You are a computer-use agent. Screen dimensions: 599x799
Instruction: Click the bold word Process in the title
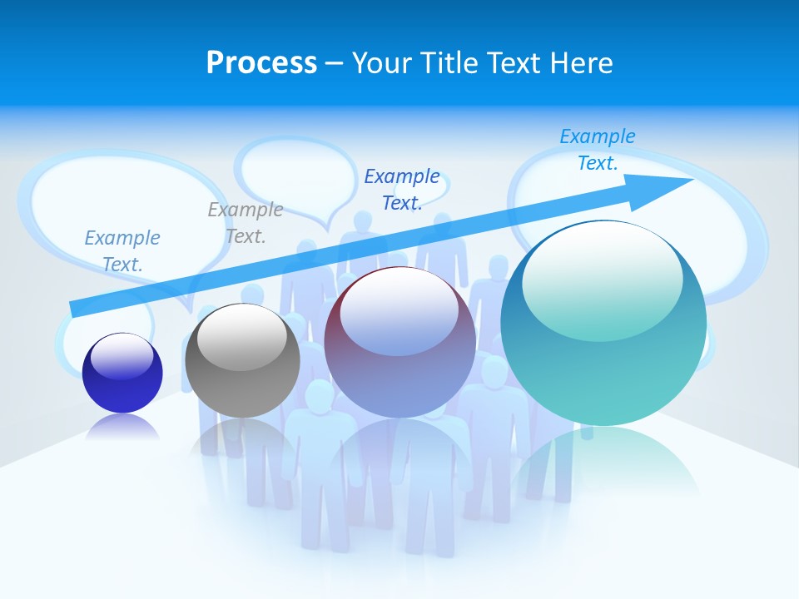(x=261, y=63)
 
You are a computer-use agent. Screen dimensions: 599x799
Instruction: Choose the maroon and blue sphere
(x=400, y=349)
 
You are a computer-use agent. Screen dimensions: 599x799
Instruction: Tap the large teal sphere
(x=603, y=333)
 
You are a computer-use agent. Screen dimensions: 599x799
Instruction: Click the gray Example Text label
(x=246, y=223)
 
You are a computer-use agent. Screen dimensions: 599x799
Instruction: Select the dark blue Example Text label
(x=402, y=189)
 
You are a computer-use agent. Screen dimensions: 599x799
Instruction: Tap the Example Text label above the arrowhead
(x=598, y=150)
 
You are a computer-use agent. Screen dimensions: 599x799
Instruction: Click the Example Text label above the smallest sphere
(x=122, y=251)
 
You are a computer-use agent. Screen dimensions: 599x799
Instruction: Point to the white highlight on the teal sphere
(x=602, y=279)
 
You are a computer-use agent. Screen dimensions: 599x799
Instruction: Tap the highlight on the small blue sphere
(x=122, y=356)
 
